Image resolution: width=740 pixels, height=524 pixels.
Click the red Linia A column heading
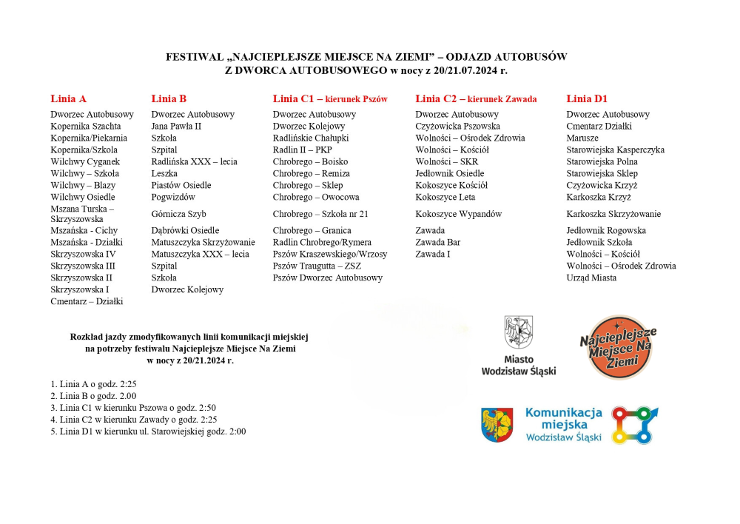click(68, 98)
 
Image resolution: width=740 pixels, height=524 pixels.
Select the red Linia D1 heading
click(587, 98)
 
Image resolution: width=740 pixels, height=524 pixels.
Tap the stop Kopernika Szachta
click(85, 126)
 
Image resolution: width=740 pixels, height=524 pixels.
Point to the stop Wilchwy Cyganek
click(84, 161)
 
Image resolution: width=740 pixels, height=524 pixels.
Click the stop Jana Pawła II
click(176, 126)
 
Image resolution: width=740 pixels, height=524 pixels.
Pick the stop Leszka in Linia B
click(164, 173)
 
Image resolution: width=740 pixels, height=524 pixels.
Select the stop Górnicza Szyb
click(178, 214)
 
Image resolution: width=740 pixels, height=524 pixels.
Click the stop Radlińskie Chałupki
click(310, 138)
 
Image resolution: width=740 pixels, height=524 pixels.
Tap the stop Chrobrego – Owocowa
click(315, 197)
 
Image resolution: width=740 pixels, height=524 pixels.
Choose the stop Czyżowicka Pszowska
click(457, 126)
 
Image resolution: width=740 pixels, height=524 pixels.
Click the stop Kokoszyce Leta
click(445, 197)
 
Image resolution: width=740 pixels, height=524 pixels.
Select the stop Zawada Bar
click(437, 242)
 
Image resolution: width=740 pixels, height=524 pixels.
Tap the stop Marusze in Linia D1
click(582, 138)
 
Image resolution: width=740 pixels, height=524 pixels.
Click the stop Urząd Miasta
click(591, 278)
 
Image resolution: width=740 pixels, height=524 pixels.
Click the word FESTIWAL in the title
click(195, 57)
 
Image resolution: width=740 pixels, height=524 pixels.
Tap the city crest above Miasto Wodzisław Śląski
click(518, 332)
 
